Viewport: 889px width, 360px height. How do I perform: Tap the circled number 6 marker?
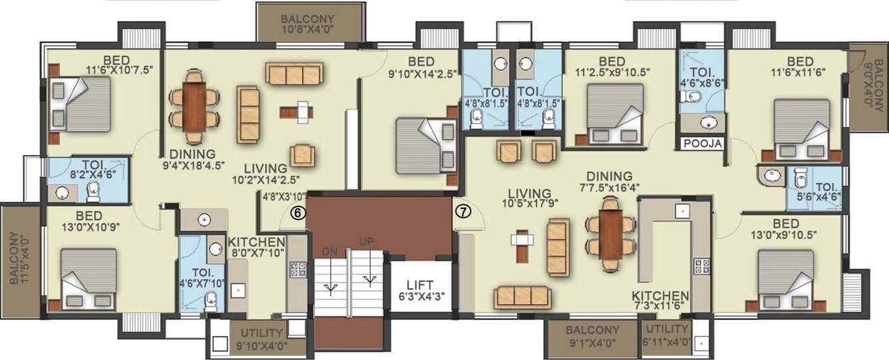(x=297, y=213)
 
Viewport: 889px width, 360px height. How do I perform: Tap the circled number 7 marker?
(x=462, y=212)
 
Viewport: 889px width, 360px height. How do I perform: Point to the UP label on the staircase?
(x=366, y=241)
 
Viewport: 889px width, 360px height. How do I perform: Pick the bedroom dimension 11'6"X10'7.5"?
(x=115, y=69)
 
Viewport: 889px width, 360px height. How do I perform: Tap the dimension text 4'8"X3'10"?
(x=284, y=196)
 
